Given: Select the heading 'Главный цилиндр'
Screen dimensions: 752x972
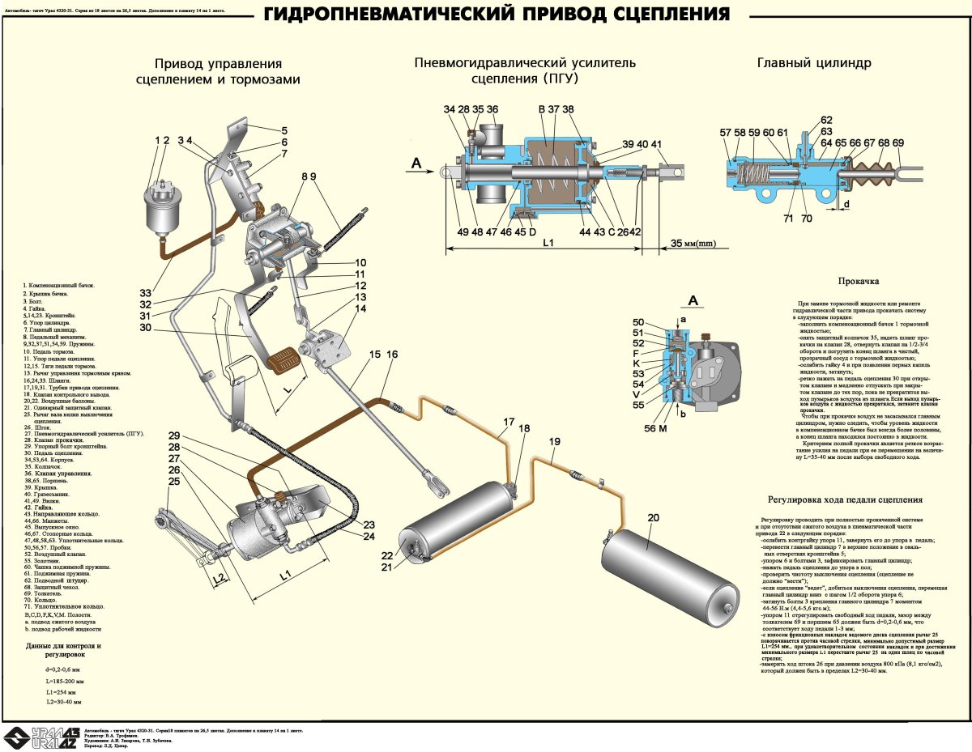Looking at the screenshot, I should [813, 63].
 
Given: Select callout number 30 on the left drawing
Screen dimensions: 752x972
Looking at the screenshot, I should [144, 328].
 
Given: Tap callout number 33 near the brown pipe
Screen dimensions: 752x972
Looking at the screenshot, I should [144, 292].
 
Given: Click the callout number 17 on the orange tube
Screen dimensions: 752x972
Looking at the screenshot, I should [508, 422].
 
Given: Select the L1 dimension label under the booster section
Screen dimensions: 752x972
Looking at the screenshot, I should [548, 243].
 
